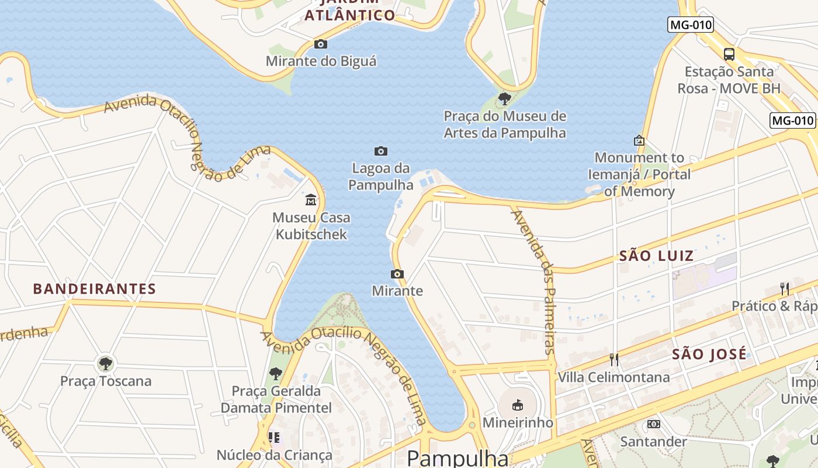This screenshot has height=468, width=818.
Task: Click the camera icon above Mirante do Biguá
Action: point(320,44)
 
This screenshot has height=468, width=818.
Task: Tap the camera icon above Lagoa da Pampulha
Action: point(381,152)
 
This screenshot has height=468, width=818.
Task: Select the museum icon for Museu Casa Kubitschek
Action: point(311,201)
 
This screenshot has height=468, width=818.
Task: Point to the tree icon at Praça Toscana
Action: point(106,364)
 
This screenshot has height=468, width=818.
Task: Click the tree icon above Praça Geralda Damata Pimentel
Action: point(275,373)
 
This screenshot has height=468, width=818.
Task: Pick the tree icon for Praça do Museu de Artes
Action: point(505,98)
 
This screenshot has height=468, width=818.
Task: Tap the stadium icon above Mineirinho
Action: point(517,405)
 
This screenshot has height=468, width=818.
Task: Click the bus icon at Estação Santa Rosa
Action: point(729,54)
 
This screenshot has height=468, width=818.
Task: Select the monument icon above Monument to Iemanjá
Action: point(639,140)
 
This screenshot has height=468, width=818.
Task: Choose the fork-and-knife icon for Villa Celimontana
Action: point(613,359)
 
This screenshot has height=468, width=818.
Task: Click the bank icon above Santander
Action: point(653,424)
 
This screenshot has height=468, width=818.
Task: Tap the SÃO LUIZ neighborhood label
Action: point(656,256)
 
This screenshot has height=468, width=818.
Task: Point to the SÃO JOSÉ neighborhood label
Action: point(709,354)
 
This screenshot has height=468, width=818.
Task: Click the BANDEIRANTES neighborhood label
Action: point(95,288)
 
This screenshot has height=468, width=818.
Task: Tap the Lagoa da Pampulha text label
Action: point(381,177)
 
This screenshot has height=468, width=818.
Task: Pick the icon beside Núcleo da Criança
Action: point(274,437)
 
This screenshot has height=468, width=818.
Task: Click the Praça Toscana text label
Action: point(106,381)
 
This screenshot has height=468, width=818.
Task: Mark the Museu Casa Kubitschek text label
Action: point(311,226)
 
